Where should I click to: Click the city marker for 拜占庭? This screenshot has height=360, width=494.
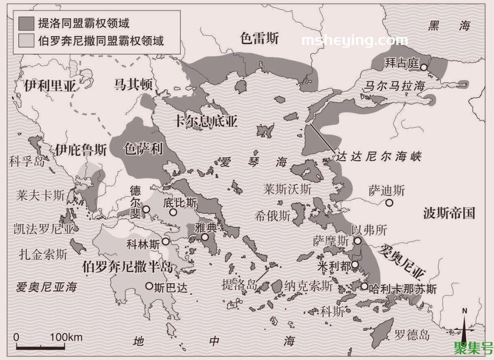pos(424,67)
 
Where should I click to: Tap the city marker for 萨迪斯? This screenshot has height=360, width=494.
pos(389,202)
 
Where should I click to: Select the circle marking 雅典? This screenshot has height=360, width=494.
pos(205,237)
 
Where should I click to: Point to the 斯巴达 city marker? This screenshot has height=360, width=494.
pos(149,286)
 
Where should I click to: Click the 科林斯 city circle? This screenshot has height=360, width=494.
pos(165,241)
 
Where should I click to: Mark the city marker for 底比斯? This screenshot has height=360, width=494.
pos(173,212)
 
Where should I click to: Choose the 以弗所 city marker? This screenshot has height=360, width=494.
pos(358,240)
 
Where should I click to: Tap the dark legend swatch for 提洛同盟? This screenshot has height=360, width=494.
pos(26,22)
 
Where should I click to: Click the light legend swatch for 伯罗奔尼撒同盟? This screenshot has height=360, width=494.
pos(26,40)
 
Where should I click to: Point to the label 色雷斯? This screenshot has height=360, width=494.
pos(260,38)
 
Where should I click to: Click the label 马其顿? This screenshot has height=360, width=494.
pos(133,84)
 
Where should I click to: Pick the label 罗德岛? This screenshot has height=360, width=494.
pos(412,335)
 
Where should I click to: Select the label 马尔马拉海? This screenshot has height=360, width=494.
pos(394,86)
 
